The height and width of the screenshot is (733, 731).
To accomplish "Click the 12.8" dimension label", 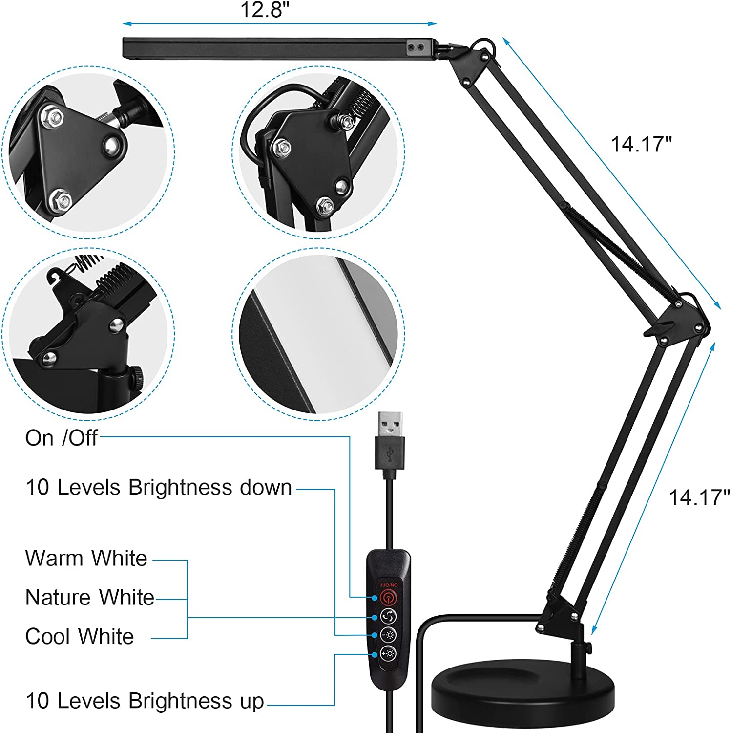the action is click(265, 10).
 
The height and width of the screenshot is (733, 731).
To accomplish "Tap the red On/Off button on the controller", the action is click(388, 597).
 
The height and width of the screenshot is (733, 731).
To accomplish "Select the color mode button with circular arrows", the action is click(388, 616).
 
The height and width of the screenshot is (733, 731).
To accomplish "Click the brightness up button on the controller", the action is click(388, 653).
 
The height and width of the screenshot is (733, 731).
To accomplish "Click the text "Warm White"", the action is click(86, 558).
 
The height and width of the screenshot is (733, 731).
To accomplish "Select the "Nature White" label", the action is click(90, 597).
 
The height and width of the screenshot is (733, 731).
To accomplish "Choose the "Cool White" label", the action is click(80, 636).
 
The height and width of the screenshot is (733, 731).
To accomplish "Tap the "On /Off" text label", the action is click(62, 438).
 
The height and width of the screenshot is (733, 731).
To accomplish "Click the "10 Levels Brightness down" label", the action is click(159, 487).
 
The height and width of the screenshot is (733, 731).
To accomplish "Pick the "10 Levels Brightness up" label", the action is click(145, 701).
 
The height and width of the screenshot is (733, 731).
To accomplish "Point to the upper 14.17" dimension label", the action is click(641, 144).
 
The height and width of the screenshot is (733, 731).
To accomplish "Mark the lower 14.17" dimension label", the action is click(699, 497).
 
